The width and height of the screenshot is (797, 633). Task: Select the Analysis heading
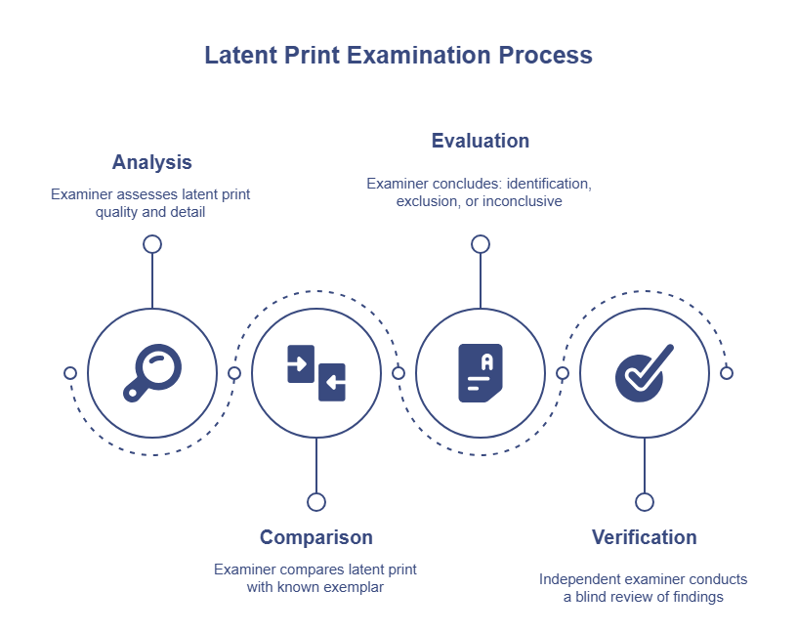[x=152, y=162]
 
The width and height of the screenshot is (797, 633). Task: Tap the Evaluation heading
[x=481, y=141]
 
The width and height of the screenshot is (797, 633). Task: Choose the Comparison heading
[x=316, y=537]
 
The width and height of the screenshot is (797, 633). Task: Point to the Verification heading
[x=644, y=537]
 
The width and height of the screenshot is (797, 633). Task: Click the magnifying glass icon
[x=152, y=373]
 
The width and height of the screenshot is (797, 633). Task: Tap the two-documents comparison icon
[x=316, y=373]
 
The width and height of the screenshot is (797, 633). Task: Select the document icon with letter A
[x=481, y=373]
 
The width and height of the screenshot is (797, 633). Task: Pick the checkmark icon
[x=644, y=373]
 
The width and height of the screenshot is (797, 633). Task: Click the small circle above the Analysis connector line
[x=152, y=244]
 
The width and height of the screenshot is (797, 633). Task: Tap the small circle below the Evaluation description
[x=481, y=244]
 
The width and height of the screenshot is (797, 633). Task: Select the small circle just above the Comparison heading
[x=316, y=502]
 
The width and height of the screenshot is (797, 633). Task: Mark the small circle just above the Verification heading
[x=645, y=502]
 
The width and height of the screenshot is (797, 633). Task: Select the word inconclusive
[x=522, y=201]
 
